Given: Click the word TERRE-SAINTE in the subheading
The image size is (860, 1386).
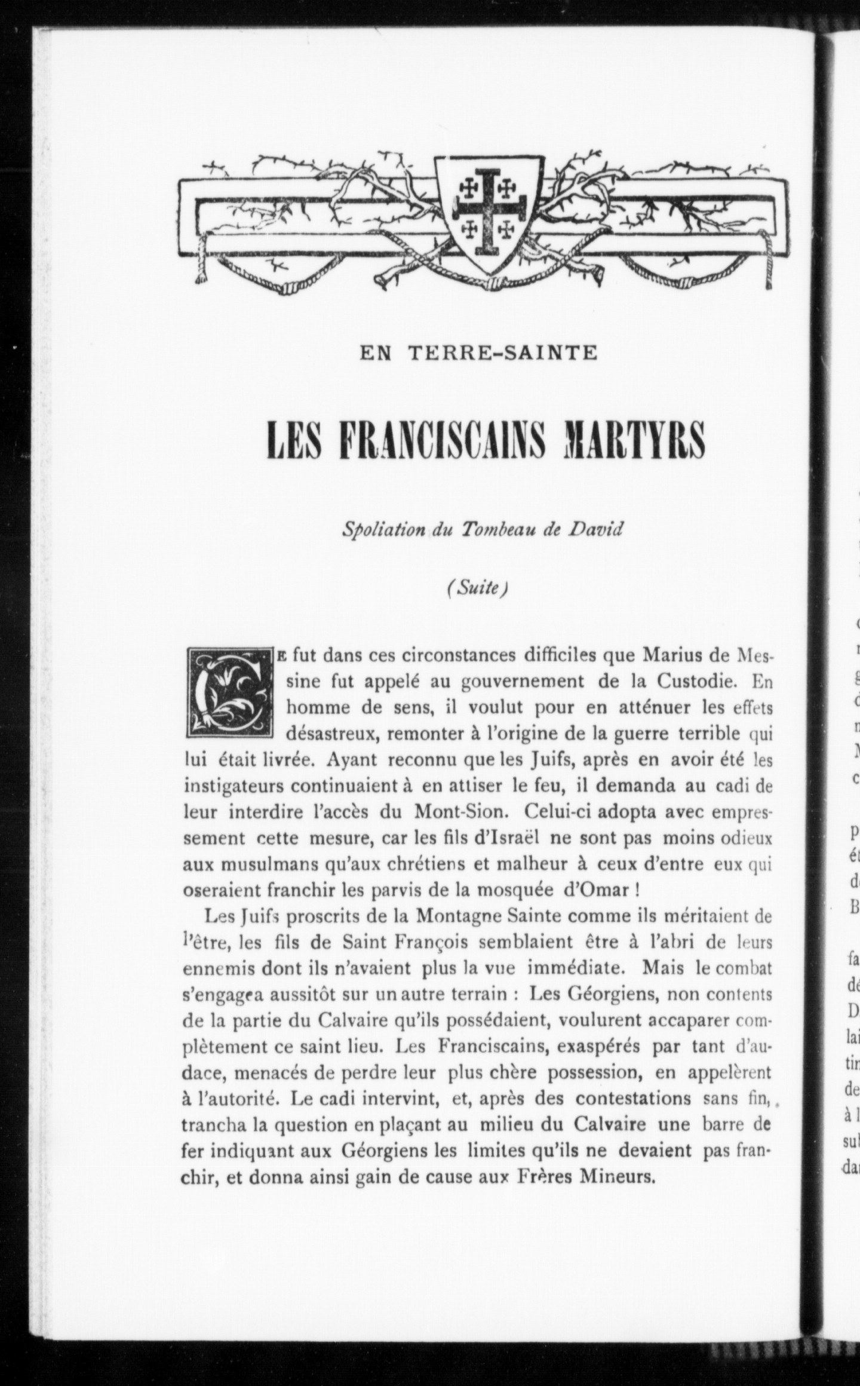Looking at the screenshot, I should point(503,354).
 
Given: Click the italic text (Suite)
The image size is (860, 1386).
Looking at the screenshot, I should point(477,588).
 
